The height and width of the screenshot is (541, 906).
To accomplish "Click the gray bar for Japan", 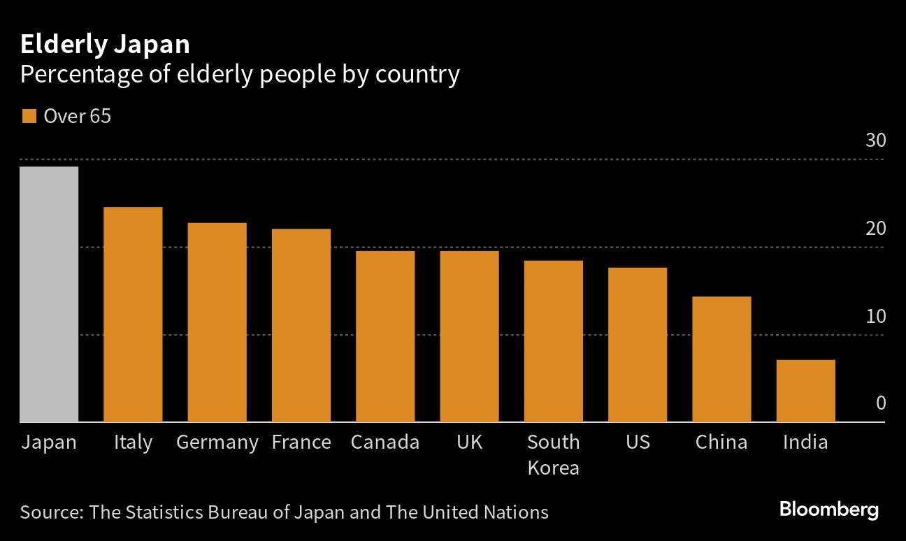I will (x=49, y=294).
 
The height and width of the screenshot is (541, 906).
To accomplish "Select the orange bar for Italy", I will (x=133, y=315).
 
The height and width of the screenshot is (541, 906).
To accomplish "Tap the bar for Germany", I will (x=217, y=322).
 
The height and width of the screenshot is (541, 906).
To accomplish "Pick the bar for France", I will (x=301, y=326).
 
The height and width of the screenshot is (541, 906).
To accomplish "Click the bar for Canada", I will (x=385, y=336).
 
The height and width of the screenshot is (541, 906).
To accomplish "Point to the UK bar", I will (x=469, y=336).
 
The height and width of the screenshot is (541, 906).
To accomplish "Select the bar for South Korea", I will (x=554, y=341).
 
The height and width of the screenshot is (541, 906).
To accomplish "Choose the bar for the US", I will (x=638, y=345).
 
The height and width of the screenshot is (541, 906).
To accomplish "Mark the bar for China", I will (x=721, y=359).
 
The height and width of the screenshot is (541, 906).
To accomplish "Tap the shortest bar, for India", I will (x=805, y=391).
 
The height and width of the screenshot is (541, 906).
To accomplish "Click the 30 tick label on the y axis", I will (x=876, y=140).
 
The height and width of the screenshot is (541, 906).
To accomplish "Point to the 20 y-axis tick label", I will (x=876, y=229).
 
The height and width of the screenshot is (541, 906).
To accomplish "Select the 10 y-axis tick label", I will (x=876, y=316).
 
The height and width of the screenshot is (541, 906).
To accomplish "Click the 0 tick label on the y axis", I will (x=881, y=403).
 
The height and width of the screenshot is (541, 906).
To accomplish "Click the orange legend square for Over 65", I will (x=29, y=116).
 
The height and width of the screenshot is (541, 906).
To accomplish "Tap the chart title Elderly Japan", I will (x=105, y=45).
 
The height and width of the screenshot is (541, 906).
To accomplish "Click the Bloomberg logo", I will (x=829, y=510).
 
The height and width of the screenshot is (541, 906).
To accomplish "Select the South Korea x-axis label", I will (x=553, y=454).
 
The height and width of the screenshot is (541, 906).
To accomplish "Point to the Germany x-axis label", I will (x=217, y=442).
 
